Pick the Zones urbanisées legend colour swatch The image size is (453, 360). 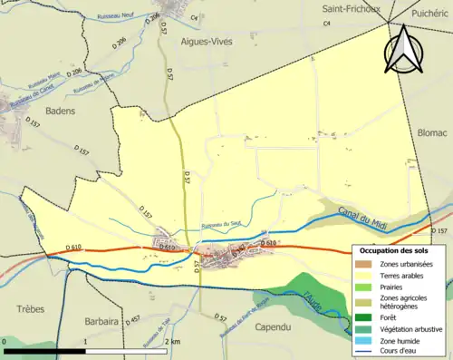point(366,264)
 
